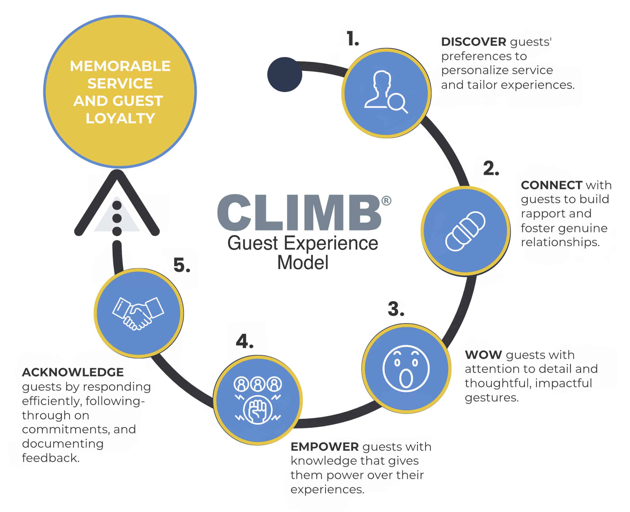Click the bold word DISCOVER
pos(473,42)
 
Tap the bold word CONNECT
pos(551,185)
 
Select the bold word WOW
pos(483,355)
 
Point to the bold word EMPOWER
pos(324,447)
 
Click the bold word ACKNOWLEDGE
pos(73,372)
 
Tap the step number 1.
pos(352,39)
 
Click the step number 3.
pos(395,309)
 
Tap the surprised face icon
pos(406,368)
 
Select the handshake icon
pos(138,313)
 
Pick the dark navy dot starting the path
pos(285,74)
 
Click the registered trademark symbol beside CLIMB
pos(386,201)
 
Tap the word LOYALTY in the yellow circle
pos(120,118)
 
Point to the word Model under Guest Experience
pos(303,262)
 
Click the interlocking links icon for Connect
pos(465,231)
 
